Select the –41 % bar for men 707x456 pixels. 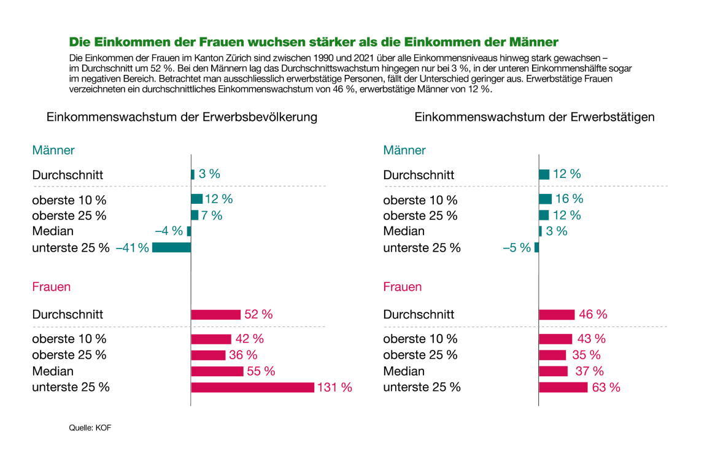point(172,247)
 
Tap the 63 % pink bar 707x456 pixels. point(563,387)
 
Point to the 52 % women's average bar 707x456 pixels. point(215,314)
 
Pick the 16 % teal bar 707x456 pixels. point(545,199)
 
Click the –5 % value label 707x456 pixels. point(517,248)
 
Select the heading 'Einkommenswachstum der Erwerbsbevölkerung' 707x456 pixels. point(182,117)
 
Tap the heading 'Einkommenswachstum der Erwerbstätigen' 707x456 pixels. point(535,117)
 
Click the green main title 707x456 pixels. point(314,42)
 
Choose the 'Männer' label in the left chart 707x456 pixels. point(53,150)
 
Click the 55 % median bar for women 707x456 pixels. point(217,371)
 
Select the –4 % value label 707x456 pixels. point(169,231)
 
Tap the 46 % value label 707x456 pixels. point(593,314)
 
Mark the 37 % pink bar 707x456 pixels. point(553,371)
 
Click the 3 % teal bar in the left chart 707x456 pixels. point(193,174)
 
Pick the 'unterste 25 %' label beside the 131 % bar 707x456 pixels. point(71,387)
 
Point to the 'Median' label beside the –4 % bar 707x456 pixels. point(53,231)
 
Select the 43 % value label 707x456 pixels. point(591,339)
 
